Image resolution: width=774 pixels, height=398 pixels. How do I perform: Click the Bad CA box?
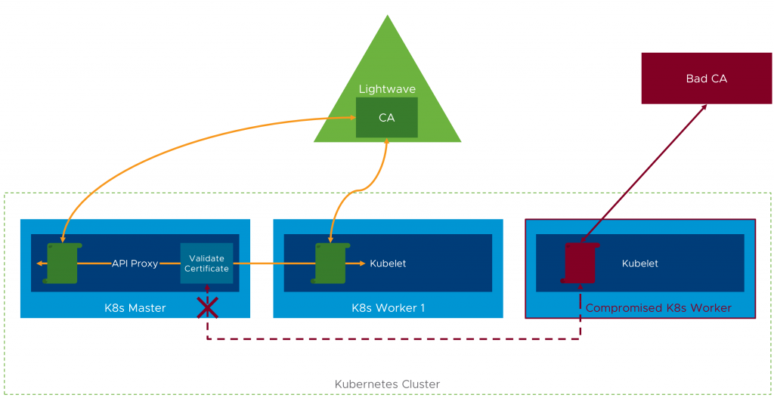coord(707,78)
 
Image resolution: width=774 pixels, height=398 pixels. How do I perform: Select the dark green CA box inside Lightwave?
coord(386,118)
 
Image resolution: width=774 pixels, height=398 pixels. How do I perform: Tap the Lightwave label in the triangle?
coord(387,89)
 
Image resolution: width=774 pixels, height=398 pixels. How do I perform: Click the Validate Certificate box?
coord(206,264)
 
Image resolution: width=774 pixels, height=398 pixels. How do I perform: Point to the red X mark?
coord(207,307)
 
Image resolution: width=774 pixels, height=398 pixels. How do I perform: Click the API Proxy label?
coord(135,264)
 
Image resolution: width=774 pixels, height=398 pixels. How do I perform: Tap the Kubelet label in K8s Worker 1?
coord(388,264)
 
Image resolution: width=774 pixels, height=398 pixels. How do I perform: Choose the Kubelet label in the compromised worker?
coord(639,264)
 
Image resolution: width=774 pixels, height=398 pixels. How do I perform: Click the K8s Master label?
coord(135,307)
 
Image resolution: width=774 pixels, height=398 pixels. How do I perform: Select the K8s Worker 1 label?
coord(388,307)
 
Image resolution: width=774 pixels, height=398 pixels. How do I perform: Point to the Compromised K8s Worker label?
coord(658,307)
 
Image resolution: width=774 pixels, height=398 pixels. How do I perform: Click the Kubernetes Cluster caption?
coord(387,384)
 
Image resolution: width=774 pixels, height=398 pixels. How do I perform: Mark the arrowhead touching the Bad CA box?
coord(703,107)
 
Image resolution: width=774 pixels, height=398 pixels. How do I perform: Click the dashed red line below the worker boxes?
coord(393,339)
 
